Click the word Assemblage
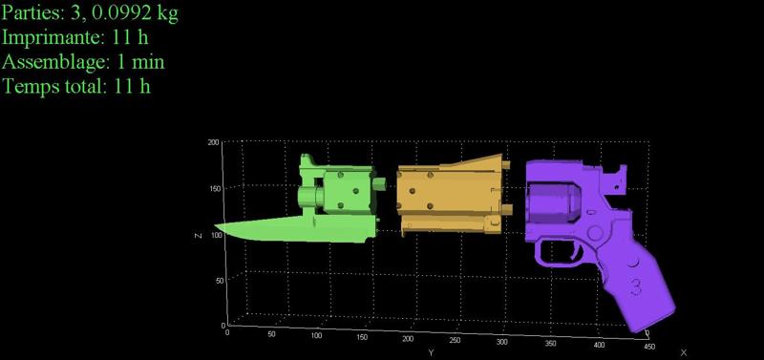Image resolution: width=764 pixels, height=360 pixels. click(55, 62)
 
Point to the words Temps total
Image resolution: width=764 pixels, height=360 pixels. click(54, 86)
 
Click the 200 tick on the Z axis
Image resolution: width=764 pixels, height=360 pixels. click(213, 142)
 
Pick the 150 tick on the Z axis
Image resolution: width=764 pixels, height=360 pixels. click(214, 188)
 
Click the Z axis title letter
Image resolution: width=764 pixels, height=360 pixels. click(198, 236)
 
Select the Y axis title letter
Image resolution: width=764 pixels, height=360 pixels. click(432, 352)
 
